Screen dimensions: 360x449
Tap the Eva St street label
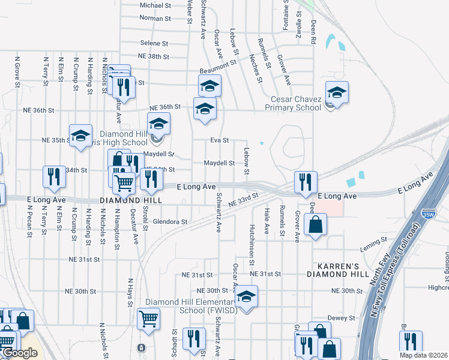(x=220, y=140)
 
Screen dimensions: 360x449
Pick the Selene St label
(x=154, y=43)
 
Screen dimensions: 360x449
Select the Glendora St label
(x=170, y=221)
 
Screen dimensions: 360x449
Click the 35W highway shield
(x=427, y=212)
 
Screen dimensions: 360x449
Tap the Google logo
(x=20, y=353)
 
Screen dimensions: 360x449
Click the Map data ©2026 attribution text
(x=423, y=355)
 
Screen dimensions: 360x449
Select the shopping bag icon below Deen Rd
(x=315, y=226)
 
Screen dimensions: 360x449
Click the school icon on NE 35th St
(x=80, y=136)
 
